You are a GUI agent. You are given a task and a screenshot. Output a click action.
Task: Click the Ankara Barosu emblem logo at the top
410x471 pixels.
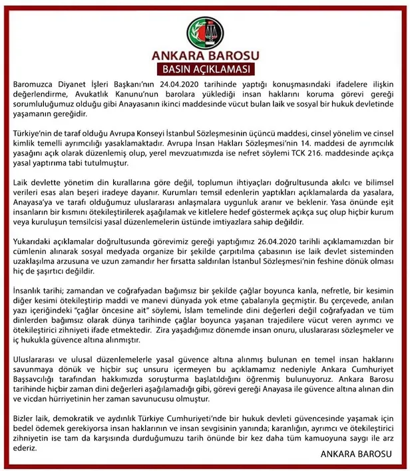(x=204, y=27)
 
